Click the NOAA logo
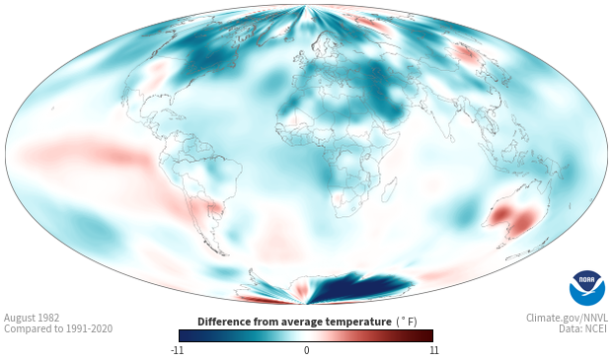tap(587, 288)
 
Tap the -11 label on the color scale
tap(177, 350)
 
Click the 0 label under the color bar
tap(306, 350)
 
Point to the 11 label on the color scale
tap(434, 350)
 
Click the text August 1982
tap(32, 318)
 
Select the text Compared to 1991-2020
tap(58, 328)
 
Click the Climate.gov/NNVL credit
tap(567, 318)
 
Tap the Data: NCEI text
tap(583, 328)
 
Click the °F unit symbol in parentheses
tap(407, 323)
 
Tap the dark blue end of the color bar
tap(186, 335)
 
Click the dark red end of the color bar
tap(426, 335)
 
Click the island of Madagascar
tap(389, 190)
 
